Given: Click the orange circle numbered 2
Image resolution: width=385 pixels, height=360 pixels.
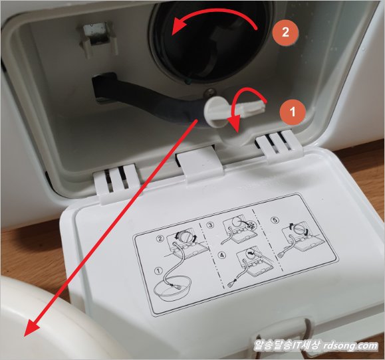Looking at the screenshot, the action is [285, 32].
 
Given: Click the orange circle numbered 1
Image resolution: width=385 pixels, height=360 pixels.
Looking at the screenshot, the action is [293, 112].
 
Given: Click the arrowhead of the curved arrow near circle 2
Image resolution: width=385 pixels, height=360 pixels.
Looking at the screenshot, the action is [178, 27].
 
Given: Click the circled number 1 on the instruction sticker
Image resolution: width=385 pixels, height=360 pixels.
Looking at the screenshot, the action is [159, 271].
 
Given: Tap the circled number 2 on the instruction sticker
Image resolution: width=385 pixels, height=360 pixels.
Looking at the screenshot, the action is [160, 238].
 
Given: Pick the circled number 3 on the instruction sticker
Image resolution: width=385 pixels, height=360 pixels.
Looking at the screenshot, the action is [209, 225].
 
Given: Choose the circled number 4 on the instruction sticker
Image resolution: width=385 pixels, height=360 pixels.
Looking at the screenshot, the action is [222, 256].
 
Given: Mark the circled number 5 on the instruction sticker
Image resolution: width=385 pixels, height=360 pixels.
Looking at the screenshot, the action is [276, 221].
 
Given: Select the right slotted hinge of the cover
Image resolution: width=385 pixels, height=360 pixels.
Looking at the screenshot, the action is [279, 144].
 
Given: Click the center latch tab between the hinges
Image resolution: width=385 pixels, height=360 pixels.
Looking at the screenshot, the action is [199, 162].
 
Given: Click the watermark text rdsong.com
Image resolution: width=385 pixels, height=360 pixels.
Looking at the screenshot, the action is [350, 345].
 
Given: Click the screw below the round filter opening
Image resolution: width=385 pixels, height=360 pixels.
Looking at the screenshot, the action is [209, 92].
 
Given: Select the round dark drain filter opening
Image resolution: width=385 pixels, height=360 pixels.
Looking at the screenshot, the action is [208, 44].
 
